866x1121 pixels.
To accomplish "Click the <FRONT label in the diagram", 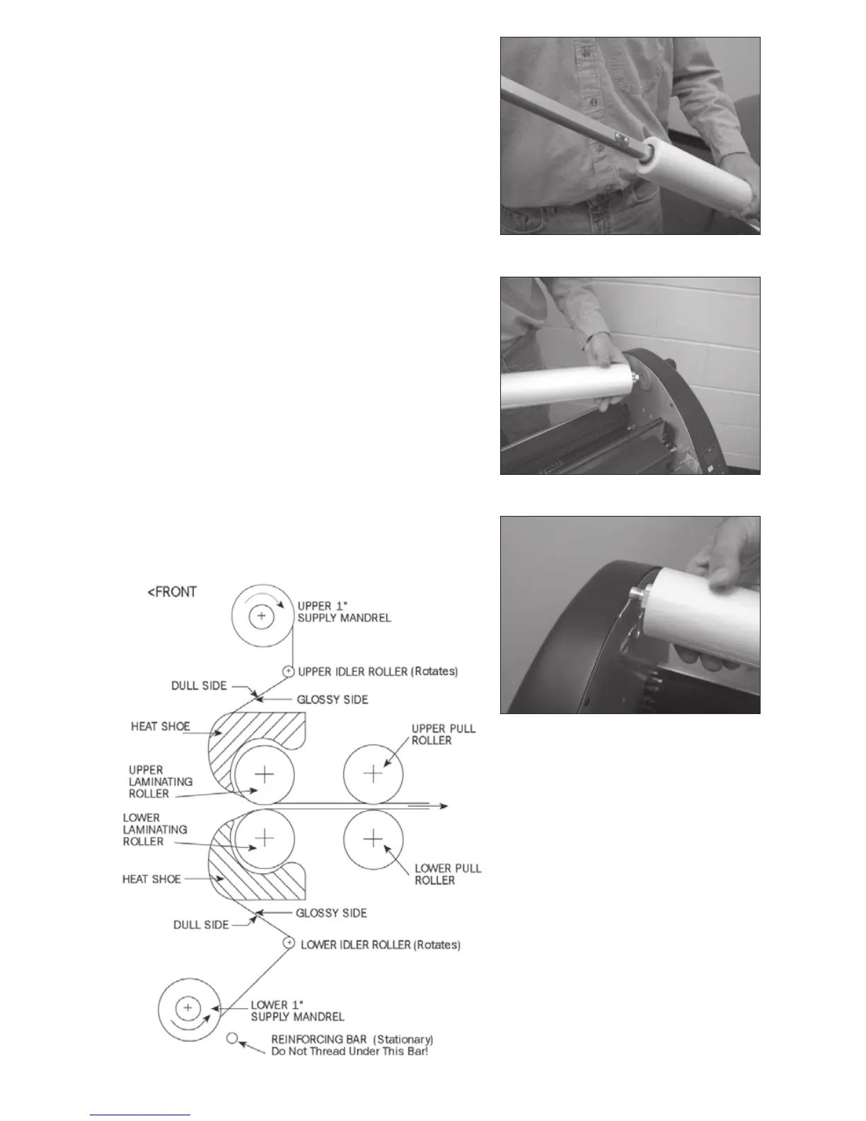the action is [x=171, y=592].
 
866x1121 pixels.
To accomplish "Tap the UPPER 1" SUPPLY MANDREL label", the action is [x=344, y=611].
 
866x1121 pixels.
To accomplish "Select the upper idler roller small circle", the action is [x=289, y=671].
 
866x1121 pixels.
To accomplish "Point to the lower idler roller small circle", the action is [x=289, y=943].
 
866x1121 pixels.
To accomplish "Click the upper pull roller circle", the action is [x=373, y=774].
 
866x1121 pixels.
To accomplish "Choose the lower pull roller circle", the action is [x=373, y=839].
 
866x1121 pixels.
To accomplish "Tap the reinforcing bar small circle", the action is [x=231, y=1038].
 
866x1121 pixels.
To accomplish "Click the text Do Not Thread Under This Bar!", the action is [x=350, y=1051].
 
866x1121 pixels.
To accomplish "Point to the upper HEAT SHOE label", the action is [x=160, y=726].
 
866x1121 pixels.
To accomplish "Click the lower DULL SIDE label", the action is [x=201, y=924].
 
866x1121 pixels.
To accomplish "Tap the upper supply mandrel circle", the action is [x=262, y=616].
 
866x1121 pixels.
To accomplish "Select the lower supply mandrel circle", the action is [x=187, y=1006].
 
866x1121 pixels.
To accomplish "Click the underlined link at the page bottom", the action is [x=141, y=1115].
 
